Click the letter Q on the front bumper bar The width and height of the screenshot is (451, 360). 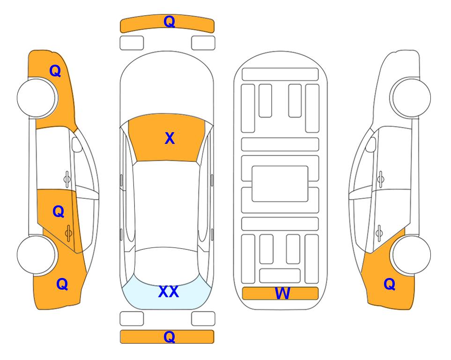click(169, 22)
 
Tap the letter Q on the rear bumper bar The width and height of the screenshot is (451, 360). click(169, 337)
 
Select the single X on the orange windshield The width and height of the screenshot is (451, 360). click(170, 138)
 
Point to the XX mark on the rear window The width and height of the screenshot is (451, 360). click(169, 292)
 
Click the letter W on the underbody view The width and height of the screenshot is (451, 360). click(282, 293)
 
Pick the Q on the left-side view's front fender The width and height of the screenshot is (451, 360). click(55, 71)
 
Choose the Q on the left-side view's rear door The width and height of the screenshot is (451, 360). click(59, 211)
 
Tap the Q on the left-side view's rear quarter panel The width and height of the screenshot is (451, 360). click(62, 284)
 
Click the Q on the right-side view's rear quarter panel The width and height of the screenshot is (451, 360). click(390, 284)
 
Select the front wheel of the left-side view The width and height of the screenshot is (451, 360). click(37, 98)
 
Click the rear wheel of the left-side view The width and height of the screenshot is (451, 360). click(37, 255)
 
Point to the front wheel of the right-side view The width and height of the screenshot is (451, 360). click(410, 98)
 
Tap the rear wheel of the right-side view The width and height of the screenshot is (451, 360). click(410, 255)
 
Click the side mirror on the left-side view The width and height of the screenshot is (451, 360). click(77, 144)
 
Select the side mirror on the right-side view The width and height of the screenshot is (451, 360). click(371, 144)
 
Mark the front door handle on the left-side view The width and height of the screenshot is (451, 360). click(67, 179)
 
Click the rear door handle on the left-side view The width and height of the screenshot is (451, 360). click(68, 233)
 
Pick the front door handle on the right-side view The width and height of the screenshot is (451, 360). click(381, 179)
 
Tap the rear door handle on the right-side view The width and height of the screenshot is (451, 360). click(379, 233)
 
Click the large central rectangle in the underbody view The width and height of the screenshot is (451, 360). click(280, 184)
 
